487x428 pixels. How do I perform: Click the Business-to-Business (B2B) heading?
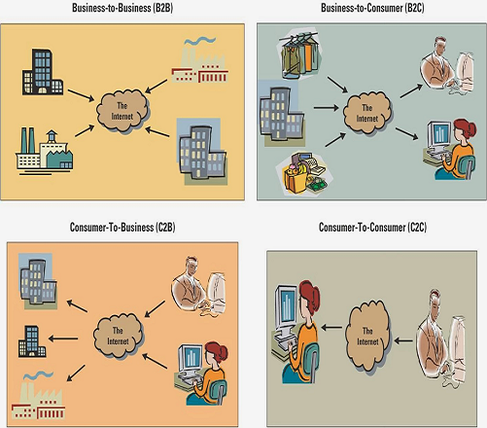pos(122,8)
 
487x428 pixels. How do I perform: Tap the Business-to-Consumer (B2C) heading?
pos(372,8)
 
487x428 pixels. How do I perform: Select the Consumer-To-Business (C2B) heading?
pos(122,227)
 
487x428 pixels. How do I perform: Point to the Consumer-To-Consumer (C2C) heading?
pos(372,227)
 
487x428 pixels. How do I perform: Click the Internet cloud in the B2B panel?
pos(122,110)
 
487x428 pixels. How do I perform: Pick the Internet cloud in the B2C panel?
pos(367,113)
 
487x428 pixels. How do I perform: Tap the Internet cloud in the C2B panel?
pos(118,336)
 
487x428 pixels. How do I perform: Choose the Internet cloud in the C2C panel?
pos(367,337)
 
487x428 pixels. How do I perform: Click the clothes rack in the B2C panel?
pos(298,53)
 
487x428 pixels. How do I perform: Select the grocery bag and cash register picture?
pos(304,174)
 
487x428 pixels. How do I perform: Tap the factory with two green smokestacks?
pos(45,152)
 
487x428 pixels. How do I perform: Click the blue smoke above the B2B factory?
pos(200,41)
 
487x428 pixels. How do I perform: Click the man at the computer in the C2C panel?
pos(441,338)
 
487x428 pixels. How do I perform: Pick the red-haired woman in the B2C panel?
pos(450,149)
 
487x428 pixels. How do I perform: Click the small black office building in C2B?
pos(32,341)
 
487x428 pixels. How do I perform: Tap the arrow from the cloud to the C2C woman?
pos(331,328)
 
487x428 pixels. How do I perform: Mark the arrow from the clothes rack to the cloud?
pos(337,85)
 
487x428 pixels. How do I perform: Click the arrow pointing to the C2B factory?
pos(76,373)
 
